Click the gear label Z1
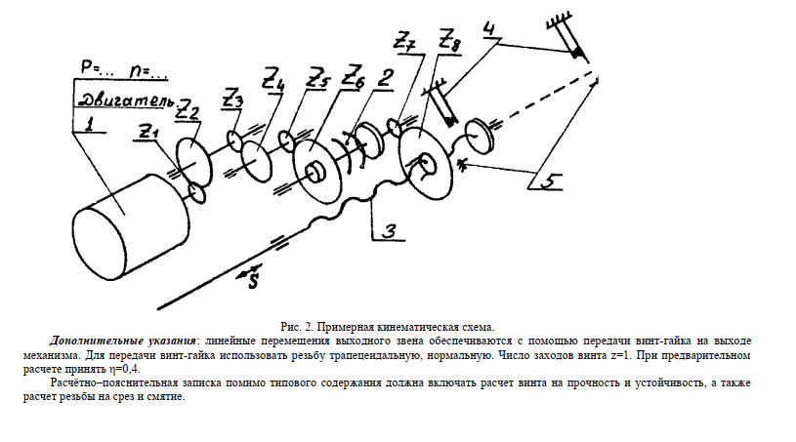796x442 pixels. point(147,130)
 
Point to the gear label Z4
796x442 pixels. point(274,78)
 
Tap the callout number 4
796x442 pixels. point(487,28)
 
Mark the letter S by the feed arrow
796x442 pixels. point(253,282)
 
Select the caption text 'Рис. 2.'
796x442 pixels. point(294,324)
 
